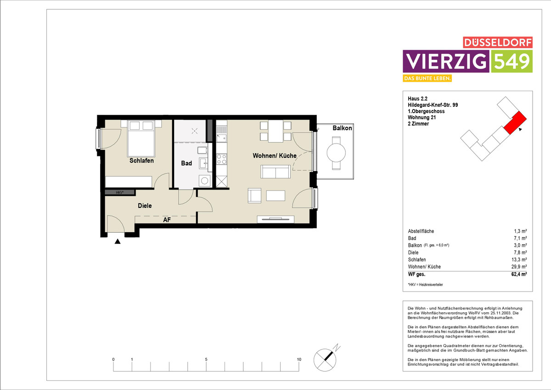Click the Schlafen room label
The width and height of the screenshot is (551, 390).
(141, 161)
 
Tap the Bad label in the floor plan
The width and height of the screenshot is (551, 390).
(186, 163)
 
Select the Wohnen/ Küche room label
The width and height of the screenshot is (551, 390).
(275, 156)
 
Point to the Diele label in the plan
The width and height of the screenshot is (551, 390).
(145, 206)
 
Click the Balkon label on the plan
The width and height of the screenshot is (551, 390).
(342, 128)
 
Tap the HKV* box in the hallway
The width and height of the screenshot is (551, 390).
(120, 192)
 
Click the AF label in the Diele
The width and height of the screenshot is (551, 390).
(167, 220)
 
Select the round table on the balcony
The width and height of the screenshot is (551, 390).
(336, 153)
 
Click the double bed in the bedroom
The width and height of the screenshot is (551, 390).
(141, 138)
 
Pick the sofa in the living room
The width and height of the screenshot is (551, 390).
(275, 172)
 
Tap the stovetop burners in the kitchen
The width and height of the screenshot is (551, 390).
(222, 159)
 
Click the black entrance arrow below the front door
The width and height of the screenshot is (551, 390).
(118, 241)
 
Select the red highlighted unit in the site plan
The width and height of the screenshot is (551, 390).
(515, 123)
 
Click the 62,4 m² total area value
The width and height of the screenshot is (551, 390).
(519, 274)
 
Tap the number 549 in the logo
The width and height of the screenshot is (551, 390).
(512, 61)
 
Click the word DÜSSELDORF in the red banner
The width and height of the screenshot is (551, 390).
(498, 43)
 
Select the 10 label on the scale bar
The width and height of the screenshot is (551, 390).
(299, 360)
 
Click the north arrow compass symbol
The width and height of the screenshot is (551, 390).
(325, 360)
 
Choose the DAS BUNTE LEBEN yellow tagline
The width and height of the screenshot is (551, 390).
(427, 78)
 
